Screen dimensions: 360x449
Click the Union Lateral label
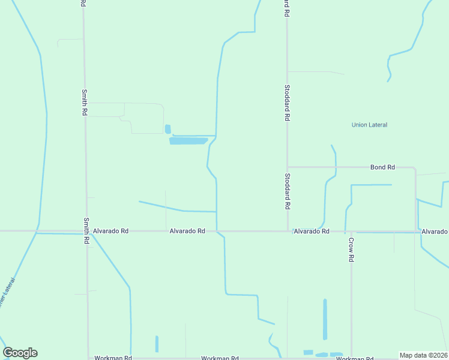[x=369, y=125]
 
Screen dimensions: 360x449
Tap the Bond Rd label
[x=382, y=167]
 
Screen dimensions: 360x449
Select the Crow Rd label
[x=351, y=249]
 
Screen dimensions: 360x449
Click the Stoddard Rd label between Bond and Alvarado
[x=288, y=191]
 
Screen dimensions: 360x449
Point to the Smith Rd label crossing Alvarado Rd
[x=86, y=230]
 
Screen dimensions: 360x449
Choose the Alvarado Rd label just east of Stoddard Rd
[x=311, y=231]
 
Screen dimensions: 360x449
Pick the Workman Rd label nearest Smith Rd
[x=113, y=358]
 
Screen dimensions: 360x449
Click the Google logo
[x=20, y=353]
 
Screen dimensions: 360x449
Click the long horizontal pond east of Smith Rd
[x=188, y=141]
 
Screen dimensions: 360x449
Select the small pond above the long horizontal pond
[x=167, y=129]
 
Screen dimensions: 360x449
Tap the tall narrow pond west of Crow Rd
[x=325, y=319]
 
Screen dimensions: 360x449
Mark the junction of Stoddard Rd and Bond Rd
[x=288, y=167]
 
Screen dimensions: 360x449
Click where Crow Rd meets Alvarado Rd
[x=351, y=231]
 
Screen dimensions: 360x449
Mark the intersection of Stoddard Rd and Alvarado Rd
[x=288, y=231]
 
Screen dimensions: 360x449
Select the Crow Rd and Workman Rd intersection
[x=351, y=358]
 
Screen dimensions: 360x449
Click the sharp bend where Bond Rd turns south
[x=415, y=168]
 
